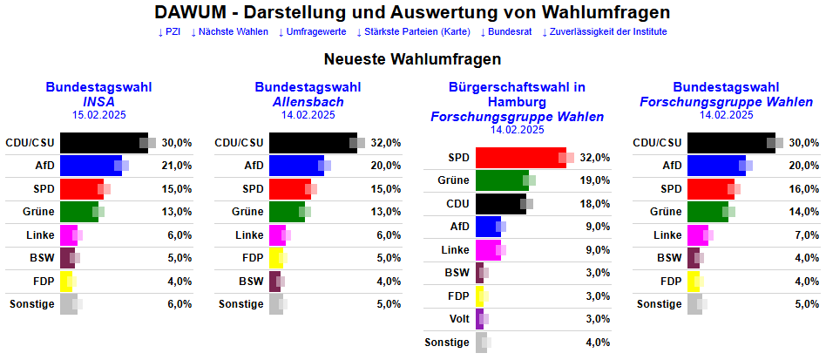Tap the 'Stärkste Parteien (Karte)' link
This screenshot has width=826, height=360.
tap(413, 32)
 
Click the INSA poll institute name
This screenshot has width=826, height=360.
tap(99, 102)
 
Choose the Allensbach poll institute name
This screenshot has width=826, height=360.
tap(308, 102)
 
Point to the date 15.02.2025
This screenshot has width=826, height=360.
tap(99, 115)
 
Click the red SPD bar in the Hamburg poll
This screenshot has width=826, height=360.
tap(520, 158)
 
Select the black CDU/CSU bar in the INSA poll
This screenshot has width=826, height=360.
tap(103, 142)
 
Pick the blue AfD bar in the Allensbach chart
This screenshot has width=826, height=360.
tap(295, 166)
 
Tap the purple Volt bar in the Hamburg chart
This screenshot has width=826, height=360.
tap(479, 319)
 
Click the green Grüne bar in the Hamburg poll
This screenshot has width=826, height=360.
tap(501, 180)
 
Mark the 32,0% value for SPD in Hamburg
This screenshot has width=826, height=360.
tap(596, 158)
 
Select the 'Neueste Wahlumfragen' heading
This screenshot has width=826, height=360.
tap(413, 60)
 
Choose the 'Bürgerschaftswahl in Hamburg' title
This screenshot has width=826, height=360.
tap(518, 94)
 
